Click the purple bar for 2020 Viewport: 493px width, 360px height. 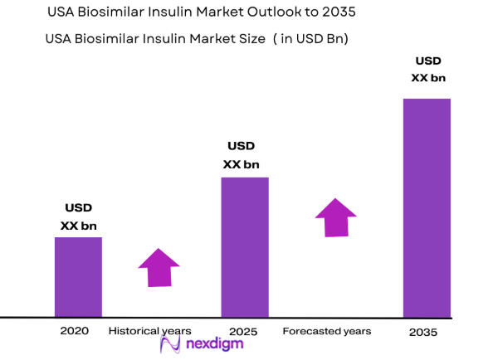78,277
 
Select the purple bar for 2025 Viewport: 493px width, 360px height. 244,247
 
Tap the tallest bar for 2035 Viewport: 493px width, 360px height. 427,207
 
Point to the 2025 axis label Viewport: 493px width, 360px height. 244,331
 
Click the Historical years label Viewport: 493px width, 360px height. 149,331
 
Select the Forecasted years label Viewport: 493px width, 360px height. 326,331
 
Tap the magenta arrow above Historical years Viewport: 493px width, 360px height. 159,267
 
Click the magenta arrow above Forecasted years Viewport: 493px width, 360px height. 335,217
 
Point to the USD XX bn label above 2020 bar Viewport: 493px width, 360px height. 78,216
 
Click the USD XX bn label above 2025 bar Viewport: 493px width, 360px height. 244,155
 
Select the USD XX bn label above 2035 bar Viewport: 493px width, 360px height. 428,70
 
